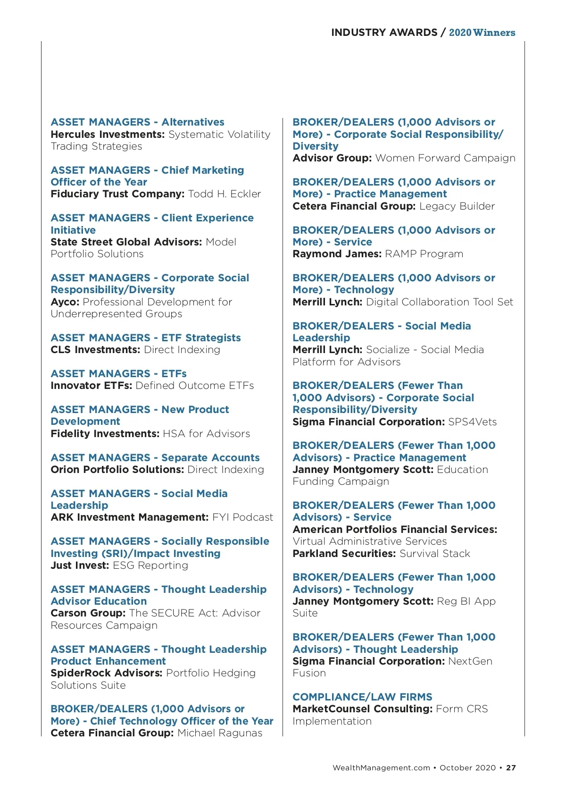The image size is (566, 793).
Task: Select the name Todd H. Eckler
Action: pyautogui.click(x=224, y=194)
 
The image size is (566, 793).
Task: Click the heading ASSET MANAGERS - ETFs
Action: pyautogui.click(x=118, y=374)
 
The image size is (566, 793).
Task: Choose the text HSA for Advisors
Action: pyautogui.click(x=206, y=434)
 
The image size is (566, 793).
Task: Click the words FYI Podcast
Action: pyautogui.click(x=242, y=517)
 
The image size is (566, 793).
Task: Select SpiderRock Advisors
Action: pyautogui.click(x=106, y=673)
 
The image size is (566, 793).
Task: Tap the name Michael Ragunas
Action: pyautogui.click(x=220, y=733)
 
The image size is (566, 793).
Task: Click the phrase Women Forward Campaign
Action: pyautogui.click(x=445, y=158)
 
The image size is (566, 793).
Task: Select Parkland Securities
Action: pyautogui.click(x=344, y=554)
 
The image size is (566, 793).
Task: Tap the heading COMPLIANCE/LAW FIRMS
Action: pyautogui.click(x=362, y=697)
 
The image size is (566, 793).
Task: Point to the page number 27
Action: pyautogui.click(x=511, y=768)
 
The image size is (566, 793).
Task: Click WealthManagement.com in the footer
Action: pyautogui.click(x=381, y=768)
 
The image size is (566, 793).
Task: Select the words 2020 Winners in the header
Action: pyautogui.click(x=482, y=33)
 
